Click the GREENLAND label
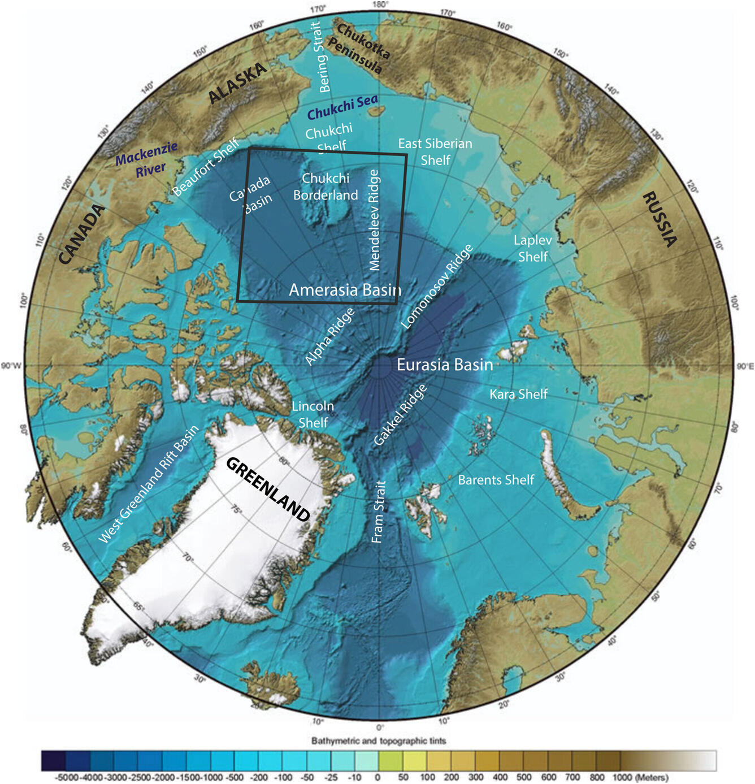pos(268,490)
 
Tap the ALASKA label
pos(237,83)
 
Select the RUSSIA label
pos(659,219)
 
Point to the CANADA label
pos(82,234)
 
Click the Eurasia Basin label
pos(445,365)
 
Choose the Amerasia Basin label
pos(345,290)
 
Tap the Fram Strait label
pos(379,512)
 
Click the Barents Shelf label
pos(496,480)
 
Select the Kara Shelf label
pos(518,394)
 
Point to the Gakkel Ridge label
pos(400,415)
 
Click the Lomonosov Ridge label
pos(436,287)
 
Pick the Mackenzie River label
pos(147,161)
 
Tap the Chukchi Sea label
pos(342,107)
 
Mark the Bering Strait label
pos(320,57)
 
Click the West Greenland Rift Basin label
pos(149,484)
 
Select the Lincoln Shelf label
pos(313,414)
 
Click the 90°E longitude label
pos(745,366)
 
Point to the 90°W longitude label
pos(11,366)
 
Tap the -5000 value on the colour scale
pos(67,778)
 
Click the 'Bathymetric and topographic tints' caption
pos(379,740)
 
